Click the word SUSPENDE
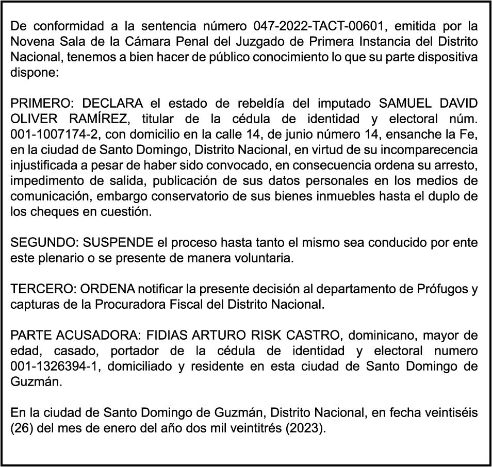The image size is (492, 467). [119, 243]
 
